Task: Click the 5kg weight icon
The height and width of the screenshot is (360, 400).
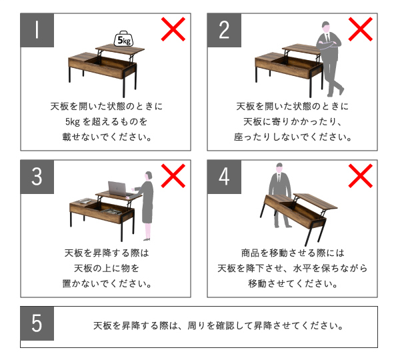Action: click(124, 39)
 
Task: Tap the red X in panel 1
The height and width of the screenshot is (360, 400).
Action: click(173, 29)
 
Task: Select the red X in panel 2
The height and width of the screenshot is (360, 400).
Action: click(361, 29)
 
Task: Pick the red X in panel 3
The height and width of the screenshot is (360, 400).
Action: click(173, 176)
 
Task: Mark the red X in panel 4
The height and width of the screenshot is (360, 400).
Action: click(361, 176)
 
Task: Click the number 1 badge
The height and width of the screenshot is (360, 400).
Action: click(37, 30)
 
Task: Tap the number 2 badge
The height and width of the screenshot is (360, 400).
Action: click(224, 30)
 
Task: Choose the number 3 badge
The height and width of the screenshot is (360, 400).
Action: click(37, 177)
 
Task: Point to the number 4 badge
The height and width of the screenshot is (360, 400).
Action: click(224, 177)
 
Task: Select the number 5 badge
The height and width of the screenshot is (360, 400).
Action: click(37, 323)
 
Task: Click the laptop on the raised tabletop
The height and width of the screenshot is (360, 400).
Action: click(118, 189)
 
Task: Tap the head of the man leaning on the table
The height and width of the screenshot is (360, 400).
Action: click(326, 27)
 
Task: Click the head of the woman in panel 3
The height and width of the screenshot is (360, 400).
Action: click(149, 176)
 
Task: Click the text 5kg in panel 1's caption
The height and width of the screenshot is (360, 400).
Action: click(73, 122)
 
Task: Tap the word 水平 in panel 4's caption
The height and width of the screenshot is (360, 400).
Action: click(302, 268)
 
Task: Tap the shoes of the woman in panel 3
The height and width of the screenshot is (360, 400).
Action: click(147, 239)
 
